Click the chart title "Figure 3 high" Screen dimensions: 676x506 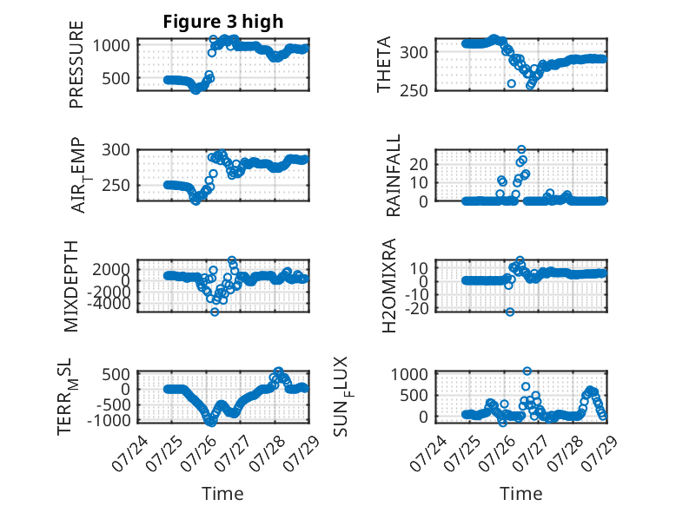pyautogui.click(x=223, y=22)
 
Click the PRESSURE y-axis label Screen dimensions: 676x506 pyautogui.click(x=76, y=64)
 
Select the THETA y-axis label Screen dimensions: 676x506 pyautogui.click(x=383, y=64)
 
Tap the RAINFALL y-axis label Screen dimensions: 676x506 pyautogui.click(x=394, y=175)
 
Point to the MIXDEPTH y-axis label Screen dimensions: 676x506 pyautogui.click(x=71, y=286)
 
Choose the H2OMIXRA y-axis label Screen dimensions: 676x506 pyautogui.click(x=389, y=286)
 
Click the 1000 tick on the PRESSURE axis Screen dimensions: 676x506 pyautogui.click(x=111, y=45)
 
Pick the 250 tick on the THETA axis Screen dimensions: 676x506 pyautogui.click(x=414, y=91)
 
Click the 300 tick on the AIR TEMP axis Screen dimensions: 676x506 pyautogui.click(x=116, y=150)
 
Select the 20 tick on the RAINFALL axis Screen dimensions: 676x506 pyautogui.click(x=418, y=164)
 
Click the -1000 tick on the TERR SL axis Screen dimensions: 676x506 pyautogui.click(x=109, y=420)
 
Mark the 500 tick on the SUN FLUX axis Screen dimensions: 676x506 pyautogui.click(x=414, y=395)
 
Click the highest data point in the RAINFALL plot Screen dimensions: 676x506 pyautogui.click(x=521, y=149)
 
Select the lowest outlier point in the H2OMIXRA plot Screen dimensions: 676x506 pyautogui.click(x=510, y=312)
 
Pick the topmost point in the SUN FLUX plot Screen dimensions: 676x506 pyautogui.click(x=527, y=371)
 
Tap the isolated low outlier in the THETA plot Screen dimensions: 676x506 pyautogui.click(x=511, y=83)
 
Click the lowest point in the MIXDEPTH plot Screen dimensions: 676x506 pyautogui.click(x=215, y=312)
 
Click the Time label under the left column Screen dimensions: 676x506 pyautogui.click(x=222, y=493)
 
